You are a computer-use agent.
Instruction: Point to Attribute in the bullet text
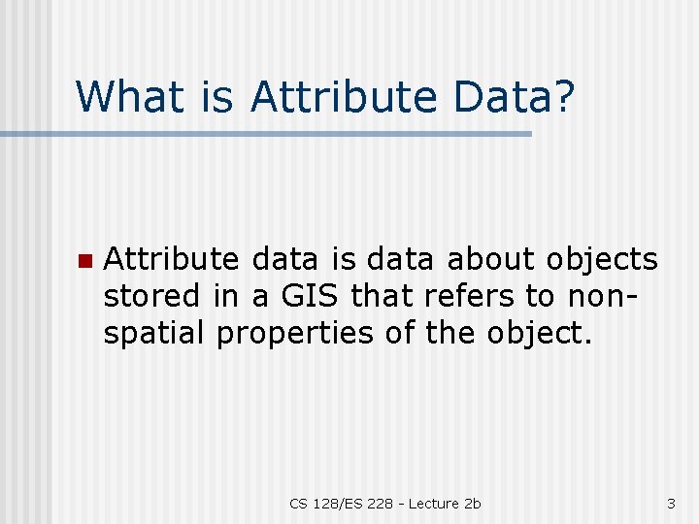coord(171,259)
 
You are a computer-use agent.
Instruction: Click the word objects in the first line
coord(602,259)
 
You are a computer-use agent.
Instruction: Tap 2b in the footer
coord(473,503)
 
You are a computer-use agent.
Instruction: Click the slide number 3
coord(671,503)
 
